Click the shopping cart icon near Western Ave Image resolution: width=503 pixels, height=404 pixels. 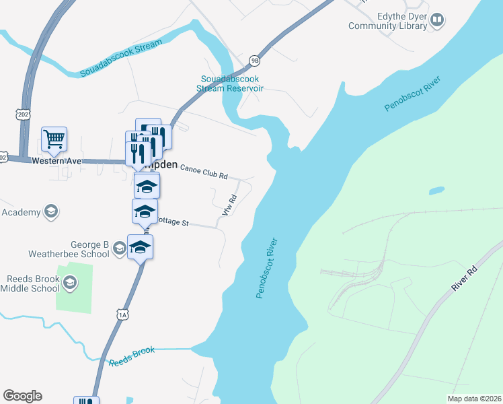click(54, 139)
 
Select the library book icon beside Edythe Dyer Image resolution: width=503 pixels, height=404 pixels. click(437, 21)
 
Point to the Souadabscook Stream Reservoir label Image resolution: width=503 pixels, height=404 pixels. click(228, 83)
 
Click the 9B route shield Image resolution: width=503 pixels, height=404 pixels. click(254, 60)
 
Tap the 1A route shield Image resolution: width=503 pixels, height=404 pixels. click(122, 314)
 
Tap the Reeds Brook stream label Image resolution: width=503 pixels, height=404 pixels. click(132, 356)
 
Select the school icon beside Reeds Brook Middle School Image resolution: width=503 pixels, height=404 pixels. click(69, 283)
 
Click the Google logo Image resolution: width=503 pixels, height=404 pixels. click(22, 396)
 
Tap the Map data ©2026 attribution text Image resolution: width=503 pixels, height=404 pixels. click(475, 399)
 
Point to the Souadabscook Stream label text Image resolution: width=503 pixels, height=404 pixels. click(121, 59)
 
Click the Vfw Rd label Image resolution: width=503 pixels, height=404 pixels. click(228, 205)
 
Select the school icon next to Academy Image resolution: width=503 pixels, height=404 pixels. click(50, 212)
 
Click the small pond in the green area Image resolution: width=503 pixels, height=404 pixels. click(437, 191)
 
